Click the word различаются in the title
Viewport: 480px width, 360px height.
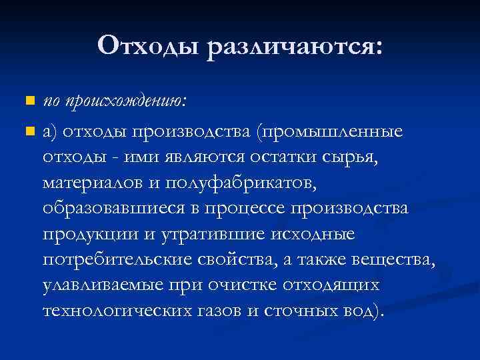pos(295,47)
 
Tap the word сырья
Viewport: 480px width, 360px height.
pos(349,157)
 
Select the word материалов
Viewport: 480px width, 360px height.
pos(102,182)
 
